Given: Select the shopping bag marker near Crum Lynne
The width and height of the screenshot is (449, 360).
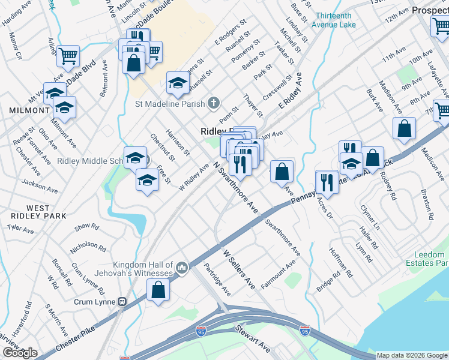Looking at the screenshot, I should click(158, 290).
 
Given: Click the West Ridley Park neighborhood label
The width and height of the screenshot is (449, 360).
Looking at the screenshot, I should click(30, 212).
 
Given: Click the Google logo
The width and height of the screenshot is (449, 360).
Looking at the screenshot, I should click(20, 353).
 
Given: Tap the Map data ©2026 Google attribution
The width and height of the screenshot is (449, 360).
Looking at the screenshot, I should click(412, 355).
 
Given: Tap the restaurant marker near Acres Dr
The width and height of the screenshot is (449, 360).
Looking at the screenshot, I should click(327, 181).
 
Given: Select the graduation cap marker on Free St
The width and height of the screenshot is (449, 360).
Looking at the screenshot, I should click(147, 179).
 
